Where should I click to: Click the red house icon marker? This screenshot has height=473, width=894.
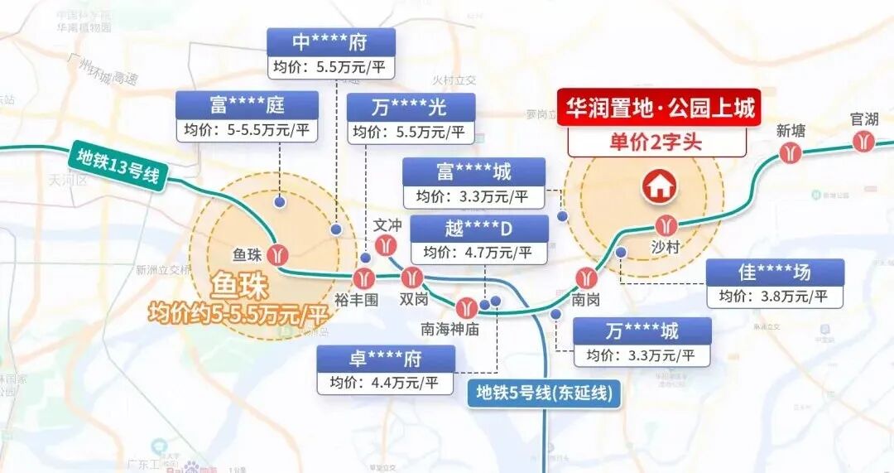[659, 186]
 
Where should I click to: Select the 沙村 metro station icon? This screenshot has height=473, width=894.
[667, 224]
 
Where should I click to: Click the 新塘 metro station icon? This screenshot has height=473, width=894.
[791, 153]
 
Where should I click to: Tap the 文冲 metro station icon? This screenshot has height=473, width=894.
[385, 245]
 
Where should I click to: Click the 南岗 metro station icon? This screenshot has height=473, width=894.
[589, 278]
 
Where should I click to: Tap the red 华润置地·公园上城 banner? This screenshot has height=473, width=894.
[659, 108]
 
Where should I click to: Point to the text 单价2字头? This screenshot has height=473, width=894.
[656, 142]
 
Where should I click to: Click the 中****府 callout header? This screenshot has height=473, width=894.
[330, 41]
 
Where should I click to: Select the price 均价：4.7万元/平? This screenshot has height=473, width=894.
[478, 252]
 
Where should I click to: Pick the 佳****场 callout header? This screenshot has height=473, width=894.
[775, 272]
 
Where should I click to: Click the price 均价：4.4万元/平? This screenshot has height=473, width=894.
[386, 382]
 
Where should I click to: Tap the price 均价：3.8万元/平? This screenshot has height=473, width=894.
[775, 297]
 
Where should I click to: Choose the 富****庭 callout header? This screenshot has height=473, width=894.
[247, 105]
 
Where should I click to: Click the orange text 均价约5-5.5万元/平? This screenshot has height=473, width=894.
[239, 314]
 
